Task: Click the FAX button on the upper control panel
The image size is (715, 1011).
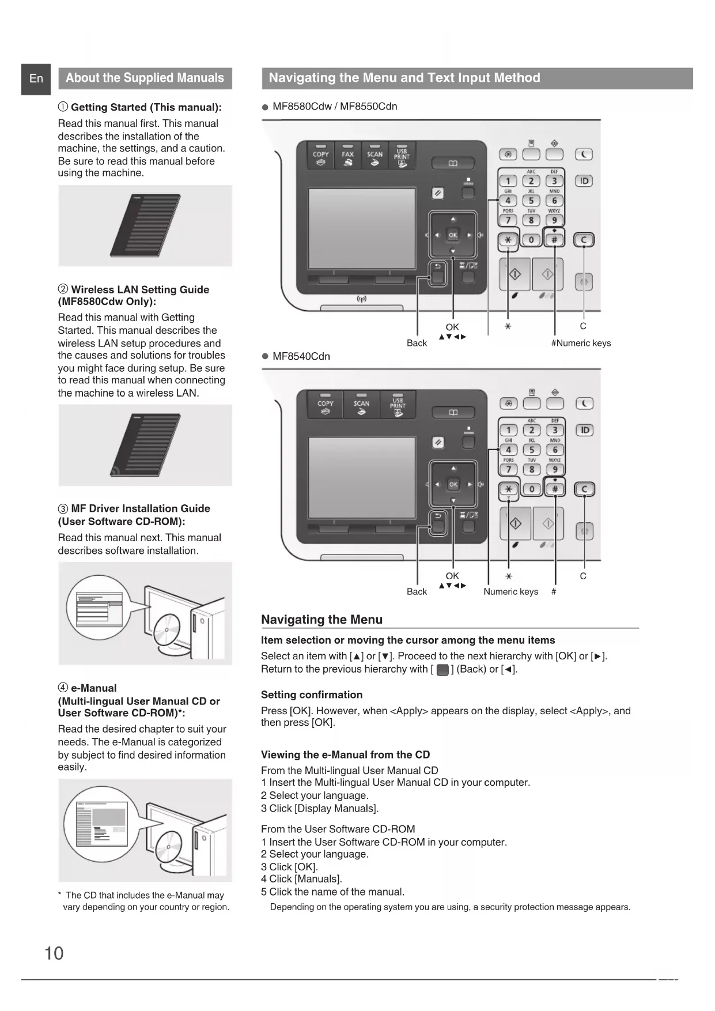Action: point(347,156)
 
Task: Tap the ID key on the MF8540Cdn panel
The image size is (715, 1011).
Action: point(584,430)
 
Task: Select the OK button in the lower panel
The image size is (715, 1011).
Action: point(453,484)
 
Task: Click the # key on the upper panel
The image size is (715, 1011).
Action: point(554,240)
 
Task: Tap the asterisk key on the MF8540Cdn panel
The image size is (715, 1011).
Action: point(508,489)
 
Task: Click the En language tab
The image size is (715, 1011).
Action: point(36,78)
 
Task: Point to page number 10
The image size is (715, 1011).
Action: point(54,953)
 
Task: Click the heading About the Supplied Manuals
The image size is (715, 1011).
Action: point(145,78)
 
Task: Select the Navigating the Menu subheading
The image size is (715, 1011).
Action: point(321,620)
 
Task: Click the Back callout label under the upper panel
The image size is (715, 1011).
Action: point(417,343)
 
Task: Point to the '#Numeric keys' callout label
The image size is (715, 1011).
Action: point(581,343)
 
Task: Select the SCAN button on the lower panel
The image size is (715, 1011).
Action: point(361,405)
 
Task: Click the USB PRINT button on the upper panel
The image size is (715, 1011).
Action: point(402,156)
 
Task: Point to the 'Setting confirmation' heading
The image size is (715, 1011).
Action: point(312,695)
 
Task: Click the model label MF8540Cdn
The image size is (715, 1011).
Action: point(301,356)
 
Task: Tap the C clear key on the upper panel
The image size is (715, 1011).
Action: point(584,240)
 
